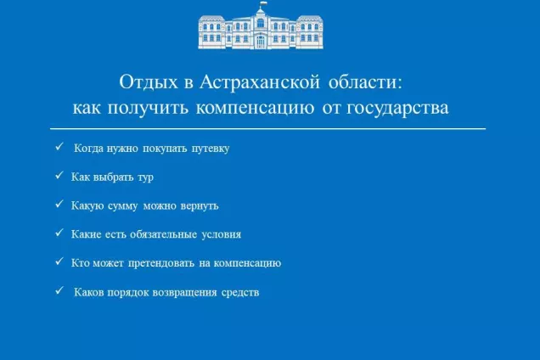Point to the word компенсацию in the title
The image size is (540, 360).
point(254,110)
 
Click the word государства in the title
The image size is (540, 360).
point(395,110)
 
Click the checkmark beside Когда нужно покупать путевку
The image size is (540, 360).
point(59,147)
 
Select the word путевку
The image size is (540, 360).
point(210,148)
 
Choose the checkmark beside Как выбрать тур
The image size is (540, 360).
point(59,176)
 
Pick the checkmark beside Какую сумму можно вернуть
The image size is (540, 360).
point(59,205)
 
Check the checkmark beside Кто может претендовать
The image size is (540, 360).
point(59,262)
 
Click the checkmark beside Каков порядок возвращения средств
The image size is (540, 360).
point(59,291)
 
